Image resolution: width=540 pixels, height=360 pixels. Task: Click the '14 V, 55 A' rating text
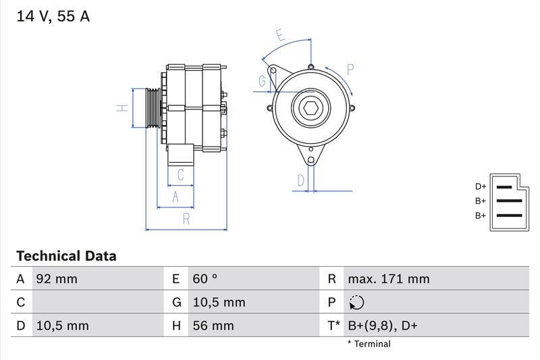53,17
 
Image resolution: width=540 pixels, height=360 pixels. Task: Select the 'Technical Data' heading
66,256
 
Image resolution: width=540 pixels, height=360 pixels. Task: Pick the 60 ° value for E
205,279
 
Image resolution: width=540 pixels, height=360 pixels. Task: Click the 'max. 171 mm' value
388,279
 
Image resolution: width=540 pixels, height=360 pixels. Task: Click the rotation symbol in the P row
357,303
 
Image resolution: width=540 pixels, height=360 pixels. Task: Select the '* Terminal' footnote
369,344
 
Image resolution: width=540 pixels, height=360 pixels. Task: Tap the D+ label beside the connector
480,186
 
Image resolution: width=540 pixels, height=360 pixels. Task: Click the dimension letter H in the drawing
122,108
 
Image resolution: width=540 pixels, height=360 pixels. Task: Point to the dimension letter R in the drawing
186,219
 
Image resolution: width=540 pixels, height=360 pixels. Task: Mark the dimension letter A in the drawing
175,197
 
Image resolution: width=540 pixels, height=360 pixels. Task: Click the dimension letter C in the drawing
180,174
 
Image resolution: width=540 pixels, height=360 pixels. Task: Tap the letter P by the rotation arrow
350,69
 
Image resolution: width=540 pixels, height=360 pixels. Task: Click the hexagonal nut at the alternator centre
310,108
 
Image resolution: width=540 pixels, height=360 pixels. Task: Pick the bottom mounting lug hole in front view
310,160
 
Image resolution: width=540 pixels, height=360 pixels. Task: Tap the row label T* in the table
334,326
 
